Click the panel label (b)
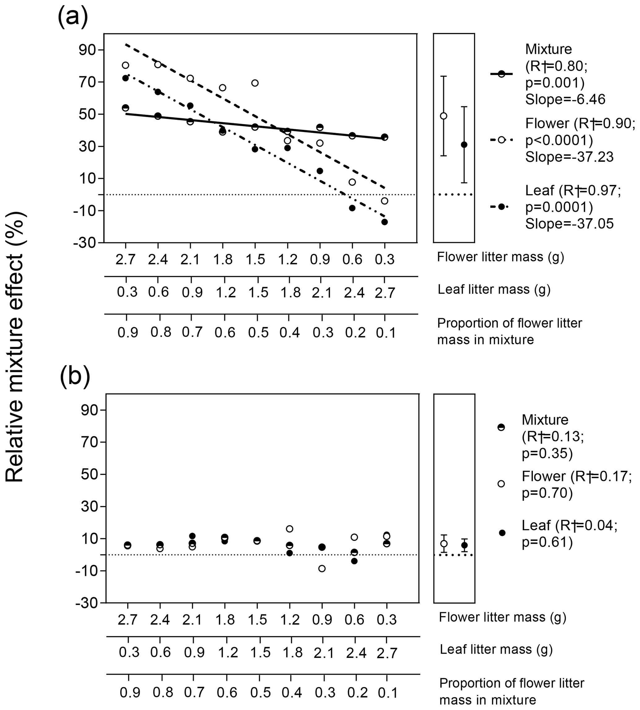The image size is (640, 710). coord(75,377)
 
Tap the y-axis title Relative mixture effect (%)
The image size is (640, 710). coord(15,347)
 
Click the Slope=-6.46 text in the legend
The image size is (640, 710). coord(565,99)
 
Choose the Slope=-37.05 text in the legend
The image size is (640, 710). coord(569,224)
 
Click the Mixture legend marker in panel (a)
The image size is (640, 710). coord(502,73)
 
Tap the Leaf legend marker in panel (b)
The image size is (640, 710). coord(502,533)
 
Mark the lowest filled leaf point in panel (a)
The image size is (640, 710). coord(384,222)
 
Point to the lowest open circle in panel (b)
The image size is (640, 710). coord(322,568)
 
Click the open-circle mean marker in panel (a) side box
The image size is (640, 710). coord(443,116)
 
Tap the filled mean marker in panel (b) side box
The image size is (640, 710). coord(464,545)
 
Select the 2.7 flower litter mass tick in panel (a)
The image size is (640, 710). coord(125,260)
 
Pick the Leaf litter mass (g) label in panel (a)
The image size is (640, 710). coord(494,290)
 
